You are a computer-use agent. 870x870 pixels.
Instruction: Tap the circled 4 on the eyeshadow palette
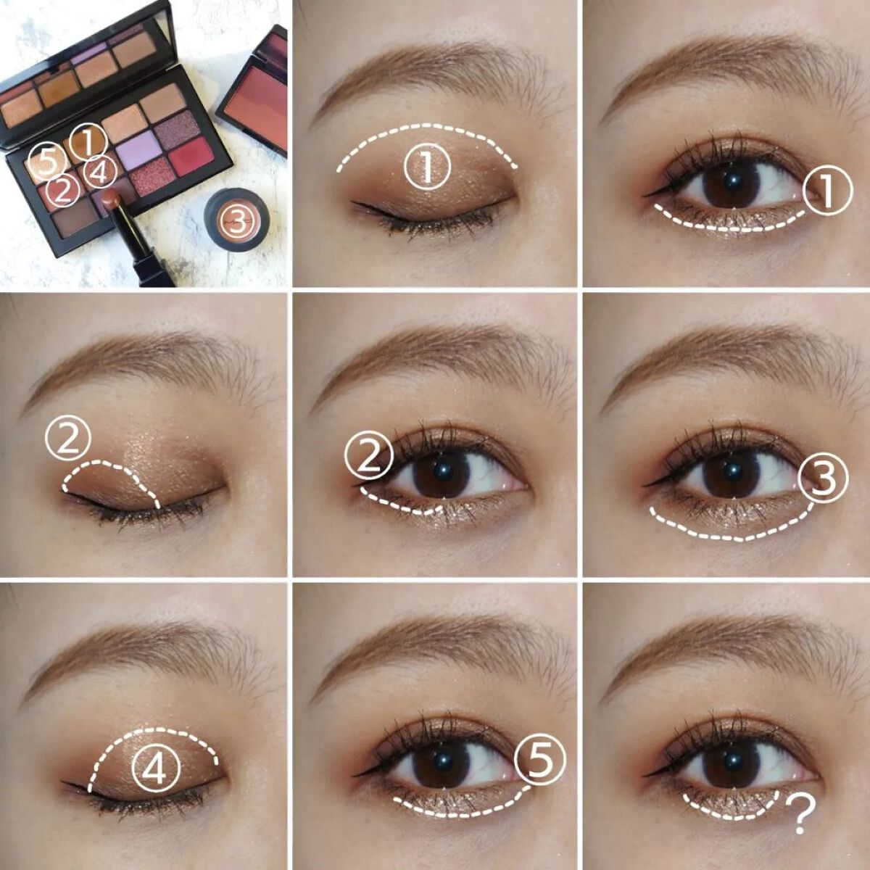[x=100, y=173]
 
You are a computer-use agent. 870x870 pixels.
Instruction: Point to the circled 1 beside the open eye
[x=827, y=190]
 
